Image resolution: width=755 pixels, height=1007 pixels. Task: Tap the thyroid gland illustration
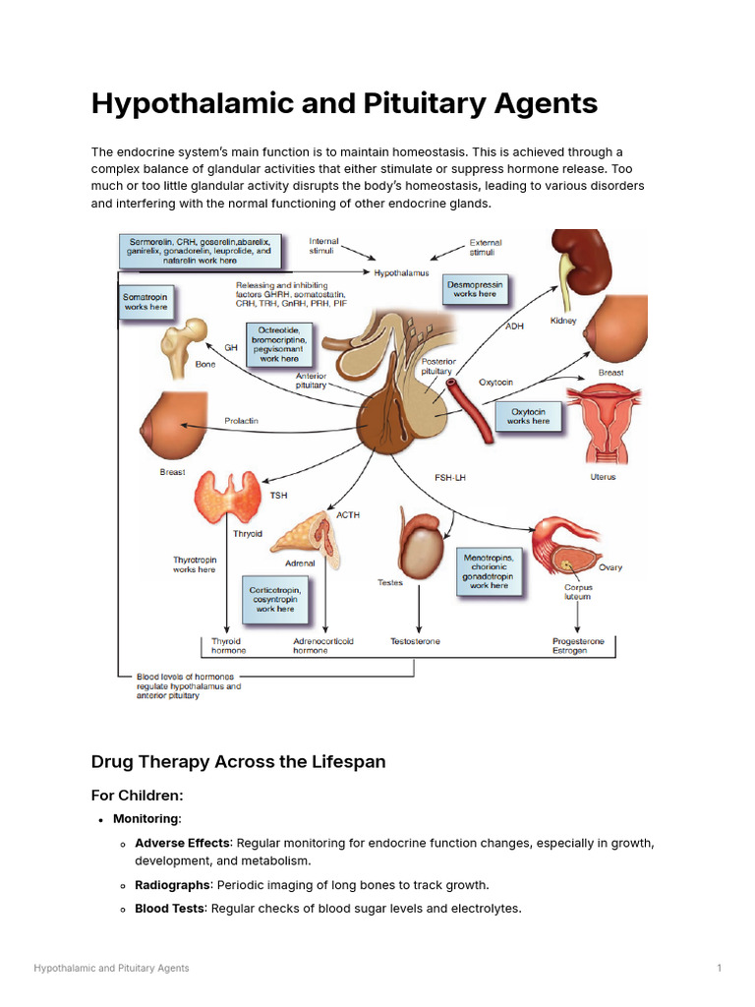click(x=230, y=496)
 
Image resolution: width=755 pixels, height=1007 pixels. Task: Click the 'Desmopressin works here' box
click(x=475, y=288)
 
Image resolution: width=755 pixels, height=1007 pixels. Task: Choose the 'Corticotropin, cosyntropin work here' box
click(x=275, y=595)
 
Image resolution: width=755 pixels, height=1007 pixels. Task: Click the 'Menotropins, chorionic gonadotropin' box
click(x=489, y=571)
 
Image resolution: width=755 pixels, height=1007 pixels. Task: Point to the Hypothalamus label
click(x=400, y=272)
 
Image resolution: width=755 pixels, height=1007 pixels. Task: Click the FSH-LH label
click(x=449, y=477)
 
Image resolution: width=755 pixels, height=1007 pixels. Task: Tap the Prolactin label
click(x=241, y=422)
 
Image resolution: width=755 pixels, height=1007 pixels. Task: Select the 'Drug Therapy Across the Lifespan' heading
click(x=238, y=761)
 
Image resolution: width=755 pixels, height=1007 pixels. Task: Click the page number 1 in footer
click(x=719, y=969)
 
